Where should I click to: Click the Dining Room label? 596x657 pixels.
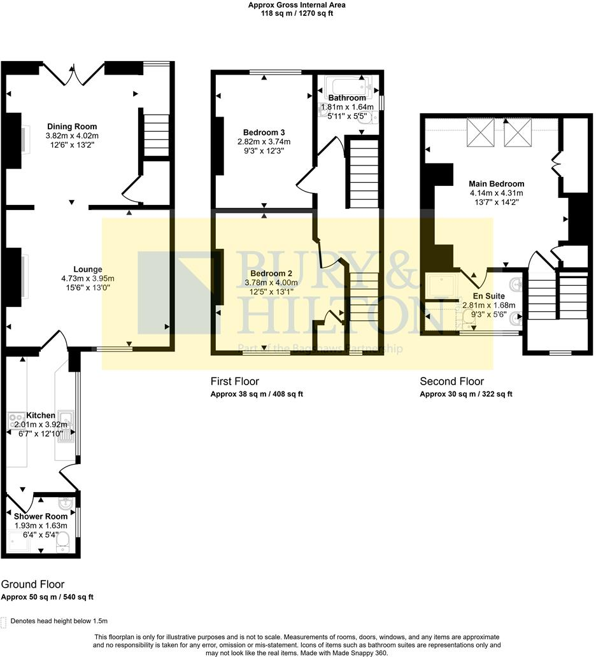pyautogui.click(x=72, y=126)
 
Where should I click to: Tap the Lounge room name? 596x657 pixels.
pyautogui.click(x=88, y=269)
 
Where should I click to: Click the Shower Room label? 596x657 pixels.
pyautogui.click(x=41, y=516)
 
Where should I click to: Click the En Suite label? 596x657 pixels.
pyautogui.click(x=488, y=296)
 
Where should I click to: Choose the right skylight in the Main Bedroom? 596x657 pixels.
pyautogui.click(x=516, y=133)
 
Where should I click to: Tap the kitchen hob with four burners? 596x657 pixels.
pyautogui.click(x=15, y=420)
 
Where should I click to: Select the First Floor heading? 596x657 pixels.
pyautogui.click(x=234, y=381)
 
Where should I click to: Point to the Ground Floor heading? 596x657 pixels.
pyautogui.click(x=32, y=584)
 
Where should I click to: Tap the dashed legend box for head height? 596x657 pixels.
pyautogui.click(x=4, y=621)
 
